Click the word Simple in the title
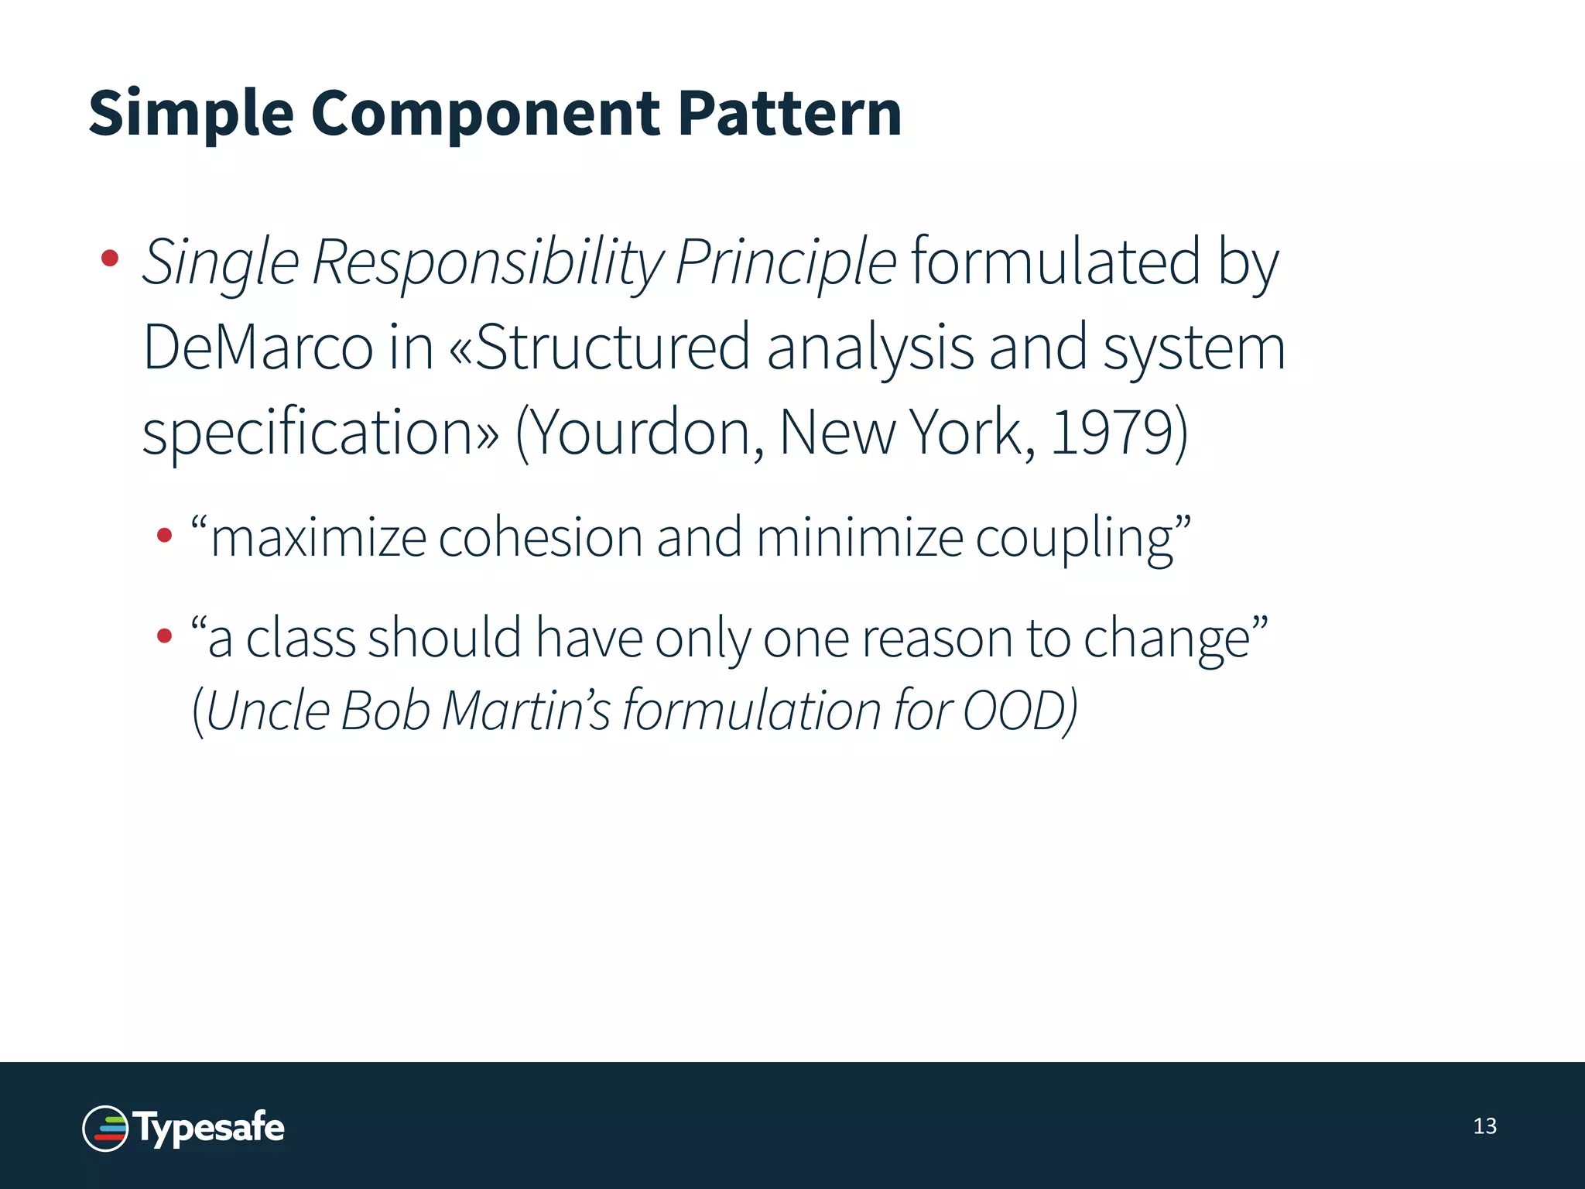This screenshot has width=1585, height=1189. pyautogui.click(x=191, y=114)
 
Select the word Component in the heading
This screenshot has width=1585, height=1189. pyautogui.click(x=485, y=114)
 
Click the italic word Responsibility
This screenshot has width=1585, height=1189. pyautogui.click(x=488, y=263)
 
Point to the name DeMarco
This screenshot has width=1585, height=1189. pyautogui.click(x=258, y=348)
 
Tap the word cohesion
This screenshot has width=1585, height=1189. pyautogui.click(x=540, y=537)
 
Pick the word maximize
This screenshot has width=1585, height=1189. pyautogui.click(x=318, y=537)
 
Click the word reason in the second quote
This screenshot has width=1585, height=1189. pyautogui.click(x=936, y=639)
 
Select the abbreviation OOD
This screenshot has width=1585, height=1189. pyautogui.click(x=1014, y=710)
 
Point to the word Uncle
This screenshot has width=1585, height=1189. pyautogui.click(x=269, y=710)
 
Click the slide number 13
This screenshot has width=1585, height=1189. pyautogui.click(x=1484, y=1126)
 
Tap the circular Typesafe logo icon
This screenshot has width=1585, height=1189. pyautogui.click(x=105, y=1128)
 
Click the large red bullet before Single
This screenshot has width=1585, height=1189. pyautogui.click(x=110, y=258)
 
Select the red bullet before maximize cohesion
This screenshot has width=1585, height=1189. pyautogui.click(x=164, y=535)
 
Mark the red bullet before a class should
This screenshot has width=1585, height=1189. pyautogui.click(x=164, y=636)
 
